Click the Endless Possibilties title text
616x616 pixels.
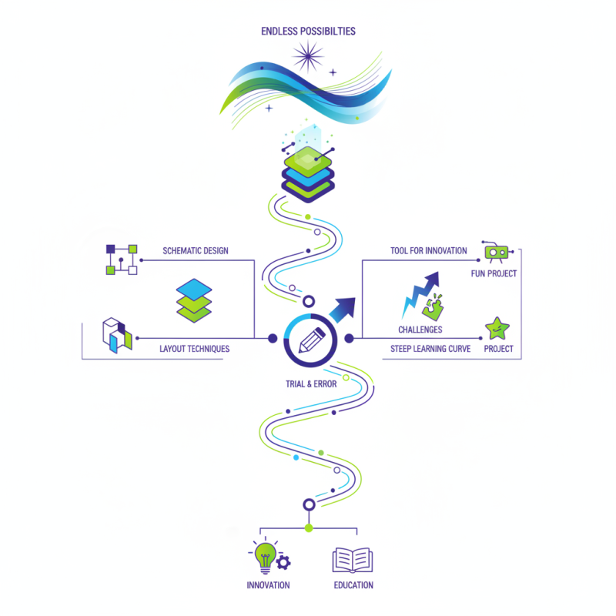click(x=308, y=32)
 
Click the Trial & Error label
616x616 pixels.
click(x=310, y=383)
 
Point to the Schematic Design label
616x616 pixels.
click(x=195, y=251)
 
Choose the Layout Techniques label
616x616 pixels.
click(x=194, y=349)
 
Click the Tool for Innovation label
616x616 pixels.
click(x=429, y=251)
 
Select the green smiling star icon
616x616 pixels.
click(x=497, y=329)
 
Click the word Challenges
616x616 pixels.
click(x=420, y=330)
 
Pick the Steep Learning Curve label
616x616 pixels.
click(x=425, y=349)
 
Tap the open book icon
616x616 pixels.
click(x=353, y=560)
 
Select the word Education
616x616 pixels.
click(x=353, y=585)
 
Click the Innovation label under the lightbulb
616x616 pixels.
click(x=268, y=585)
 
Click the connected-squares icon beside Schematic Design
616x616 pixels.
click(x=122, y=259)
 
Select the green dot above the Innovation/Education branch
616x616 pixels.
click(x=309, y=527)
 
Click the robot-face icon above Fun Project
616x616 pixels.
click(x=496, y=252)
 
